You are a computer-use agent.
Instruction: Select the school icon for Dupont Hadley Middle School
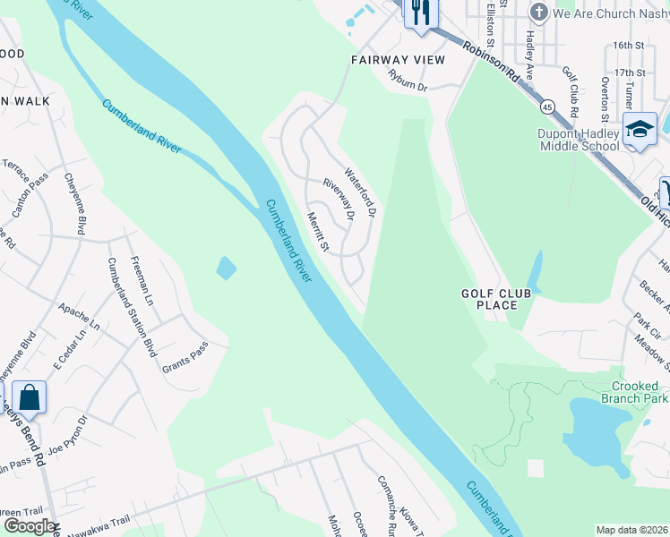(x=640, y=130)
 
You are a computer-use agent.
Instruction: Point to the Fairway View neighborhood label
(x=397, y=60)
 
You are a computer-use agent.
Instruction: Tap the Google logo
(x=30, y=526)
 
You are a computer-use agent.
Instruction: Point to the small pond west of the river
(x=227, y=267)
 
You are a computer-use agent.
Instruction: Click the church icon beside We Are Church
(x=539, y=13)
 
